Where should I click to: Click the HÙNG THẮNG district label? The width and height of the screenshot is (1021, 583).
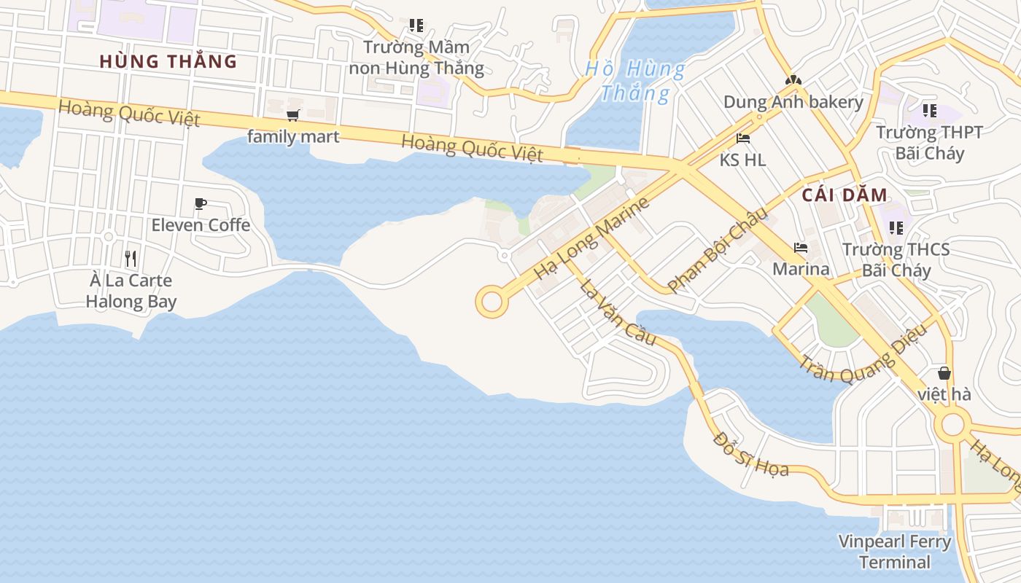tap(168, 61)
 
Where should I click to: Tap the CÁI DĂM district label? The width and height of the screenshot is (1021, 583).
tap(845, 195)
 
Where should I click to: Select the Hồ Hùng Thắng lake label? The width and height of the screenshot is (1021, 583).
tap(635, 81)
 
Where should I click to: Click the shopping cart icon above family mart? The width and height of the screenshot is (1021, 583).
tap(293, 115)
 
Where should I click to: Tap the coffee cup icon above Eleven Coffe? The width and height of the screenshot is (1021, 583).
tap(201, 204)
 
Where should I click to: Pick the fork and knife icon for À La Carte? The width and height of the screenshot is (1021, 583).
tap(131, 258)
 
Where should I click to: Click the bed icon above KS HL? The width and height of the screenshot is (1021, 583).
tap(743, 138)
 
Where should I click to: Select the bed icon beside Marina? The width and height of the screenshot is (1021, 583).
tap(801, 249)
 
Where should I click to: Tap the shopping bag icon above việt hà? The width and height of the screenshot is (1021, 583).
tap(944, 374)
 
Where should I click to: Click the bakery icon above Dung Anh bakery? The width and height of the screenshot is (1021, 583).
tap(793, 80)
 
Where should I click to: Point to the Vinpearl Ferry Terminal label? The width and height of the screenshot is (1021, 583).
tap(895, 552)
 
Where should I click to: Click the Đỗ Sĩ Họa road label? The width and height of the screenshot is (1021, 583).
tap(751, 455)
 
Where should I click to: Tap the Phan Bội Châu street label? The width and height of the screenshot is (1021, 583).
tap(718, 250)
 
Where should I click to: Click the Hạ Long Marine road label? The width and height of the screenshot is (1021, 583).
tap(591, 238)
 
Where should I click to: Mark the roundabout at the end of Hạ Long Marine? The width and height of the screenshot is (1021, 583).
tap(492, 302)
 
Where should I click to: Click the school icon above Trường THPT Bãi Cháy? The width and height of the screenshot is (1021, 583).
tap(929, 111)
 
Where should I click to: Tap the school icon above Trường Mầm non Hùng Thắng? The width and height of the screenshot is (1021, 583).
tap(416, 26)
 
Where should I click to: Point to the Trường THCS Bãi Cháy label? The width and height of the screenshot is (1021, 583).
tap(896, 260)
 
